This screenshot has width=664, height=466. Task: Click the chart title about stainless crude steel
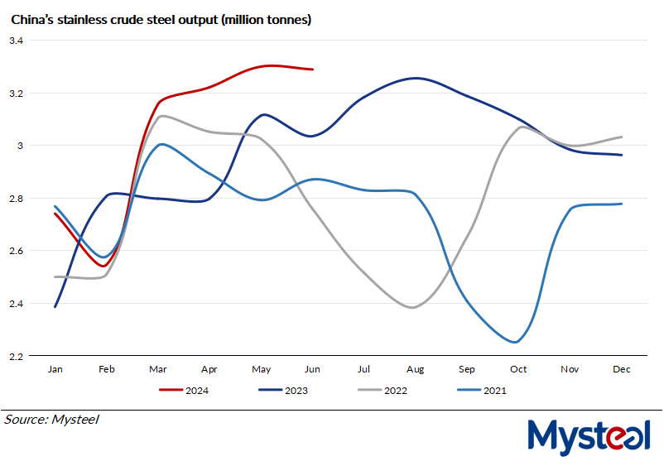pos(161,19)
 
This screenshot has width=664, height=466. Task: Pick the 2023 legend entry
pos(284,390)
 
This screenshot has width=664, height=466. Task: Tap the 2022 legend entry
pos(386,390)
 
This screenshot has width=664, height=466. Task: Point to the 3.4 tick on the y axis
pos(17,41)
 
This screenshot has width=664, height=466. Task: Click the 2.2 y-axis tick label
pos(17,356)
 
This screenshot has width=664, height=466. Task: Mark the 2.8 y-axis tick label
pos(17,199)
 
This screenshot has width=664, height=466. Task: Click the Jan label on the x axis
pos(55,369)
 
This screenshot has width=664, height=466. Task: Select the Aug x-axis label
pos(415,369)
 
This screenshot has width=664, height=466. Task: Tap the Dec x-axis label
pos(621,369)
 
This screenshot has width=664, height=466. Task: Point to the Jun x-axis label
pos(312,369)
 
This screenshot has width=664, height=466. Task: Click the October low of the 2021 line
pos(516,342)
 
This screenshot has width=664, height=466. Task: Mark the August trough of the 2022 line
pos(413,307)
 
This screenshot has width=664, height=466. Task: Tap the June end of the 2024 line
pos(312,70)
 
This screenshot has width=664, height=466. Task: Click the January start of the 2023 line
pos(55,306)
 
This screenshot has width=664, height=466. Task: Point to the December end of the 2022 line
pos(622,137)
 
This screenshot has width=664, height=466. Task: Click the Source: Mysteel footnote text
pos(52,420)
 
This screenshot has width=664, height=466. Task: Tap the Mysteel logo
pos(589,435)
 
